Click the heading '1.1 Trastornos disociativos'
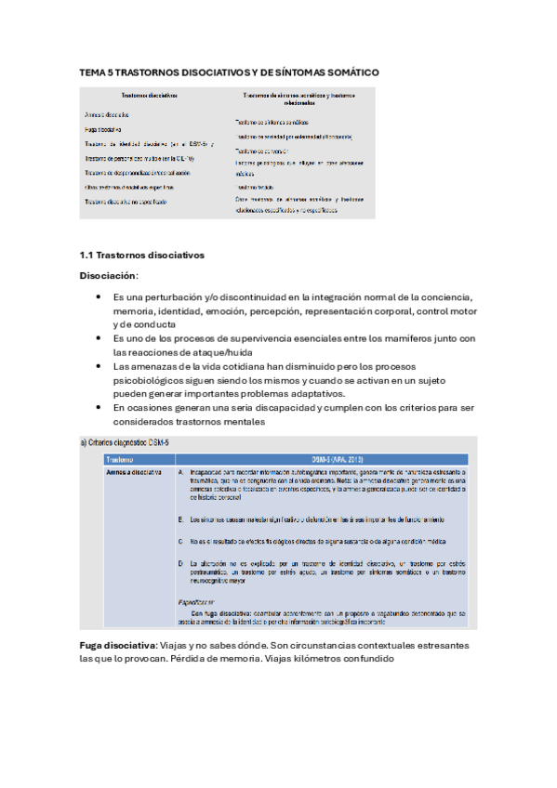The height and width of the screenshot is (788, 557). tap(141, 255)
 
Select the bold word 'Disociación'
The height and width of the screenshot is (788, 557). tap(108, 275)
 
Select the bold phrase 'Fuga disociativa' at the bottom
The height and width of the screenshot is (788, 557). tap(117, 645)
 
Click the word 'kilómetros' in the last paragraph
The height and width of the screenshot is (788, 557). tap(307, 660)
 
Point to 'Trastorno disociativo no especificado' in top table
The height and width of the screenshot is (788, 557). tap(126, 202)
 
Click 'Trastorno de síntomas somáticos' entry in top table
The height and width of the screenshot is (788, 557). tap(272, 122)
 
